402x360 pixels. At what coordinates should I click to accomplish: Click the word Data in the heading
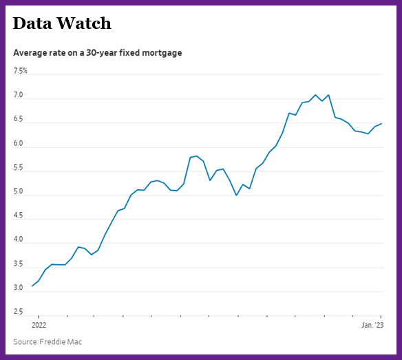[32, 23]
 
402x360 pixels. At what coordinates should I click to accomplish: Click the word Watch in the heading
[84, 23]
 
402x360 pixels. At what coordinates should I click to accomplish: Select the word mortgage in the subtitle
[162, 53]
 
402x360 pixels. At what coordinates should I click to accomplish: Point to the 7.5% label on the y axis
[20, 71]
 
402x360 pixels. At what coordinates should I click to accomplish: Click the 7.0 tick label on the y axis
[18, 95]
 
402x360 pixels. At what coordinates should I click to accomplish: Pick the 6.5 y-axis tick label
[18, 119]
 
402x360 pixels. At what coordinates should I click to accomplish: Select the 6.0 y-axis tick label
[18, 143]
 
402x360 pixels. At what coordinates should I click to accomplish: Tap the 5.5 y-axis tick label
[18, 167]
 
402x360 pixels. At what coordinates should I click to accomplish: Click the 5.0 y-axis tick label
[18, 191]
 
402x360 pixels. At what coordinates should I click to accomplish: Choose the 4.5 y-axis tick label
[18, 215]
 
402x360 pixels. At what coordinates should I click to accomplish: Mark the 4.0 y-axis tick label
[18, 240]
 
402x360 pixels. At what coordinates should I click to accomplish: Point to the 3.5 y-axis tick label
[18, 264]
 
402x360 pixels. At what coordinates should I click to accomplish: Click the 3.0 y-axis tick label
[18, 288]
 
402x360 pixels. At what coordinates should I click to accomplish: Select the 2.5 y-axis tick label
[18, 312]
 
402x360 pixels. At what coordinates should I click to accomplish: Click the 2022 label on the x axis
[39, 325]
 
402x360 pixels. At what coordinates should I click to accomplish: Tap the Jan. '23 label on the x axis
[372, 325]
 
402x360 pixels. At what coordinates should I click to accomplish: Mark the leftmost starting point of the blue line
[32, 286]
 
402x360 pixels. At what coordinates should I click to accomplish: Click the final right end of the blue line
[381, 124]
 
